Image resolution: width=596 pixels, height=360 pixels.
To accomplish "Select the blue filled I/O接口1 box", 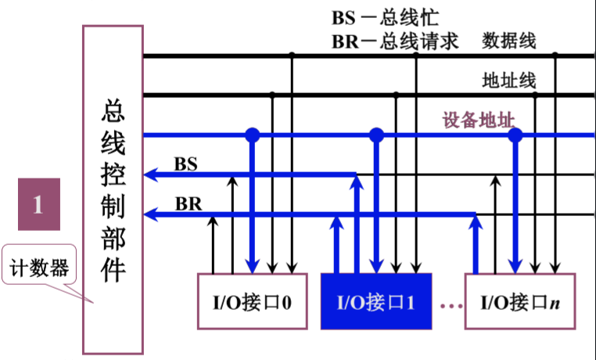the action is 376,301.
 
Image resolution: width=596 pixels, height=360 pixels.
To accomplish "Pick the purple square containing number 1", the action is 39,204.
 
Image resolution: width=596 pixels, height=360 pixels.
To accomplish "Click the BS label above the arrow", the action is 186,164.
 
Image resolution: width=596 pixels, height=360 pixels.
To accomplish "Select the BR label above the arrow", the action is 188,204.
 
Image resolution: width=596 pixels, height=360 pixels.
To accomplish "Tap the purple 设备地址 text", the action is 479,121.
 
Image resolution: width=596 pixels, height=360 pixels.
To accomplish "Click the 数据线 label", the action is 509,41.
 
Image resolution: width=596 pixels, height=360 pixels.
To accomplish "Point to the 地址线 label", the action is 509,81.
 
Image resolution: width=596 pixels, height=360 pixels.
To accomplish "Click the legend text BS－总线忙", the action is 386,17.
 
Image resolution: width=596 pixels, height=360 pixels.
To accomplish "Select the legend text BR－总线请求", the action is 395,41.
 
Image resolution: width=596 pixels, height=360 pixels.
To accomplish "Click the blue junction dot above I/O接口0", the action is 253,135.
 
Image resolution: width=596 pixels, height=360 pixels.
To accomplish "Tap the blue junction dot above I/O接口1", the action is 377,135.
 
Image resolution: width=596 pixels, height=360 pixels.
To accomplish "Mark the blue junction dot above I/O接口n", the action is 515,135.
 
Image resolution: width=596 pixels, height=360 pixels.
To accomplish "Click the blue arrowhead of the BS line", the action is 150,175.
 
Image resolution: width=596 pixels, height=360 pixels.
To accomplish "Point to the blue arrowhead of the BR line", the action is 150,214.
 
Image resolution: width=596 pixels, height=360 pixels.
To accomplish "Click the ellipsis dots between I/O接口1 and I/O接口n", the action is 451,305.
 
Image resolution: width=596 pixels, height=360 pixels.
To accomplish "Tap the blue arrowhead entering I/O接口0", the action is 253,266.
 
